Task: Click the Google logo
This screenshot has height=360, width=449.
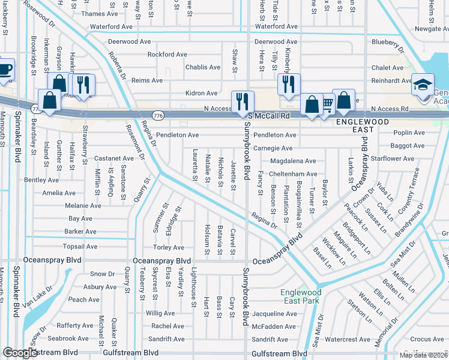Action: pyautogui.click(x=20, y=353)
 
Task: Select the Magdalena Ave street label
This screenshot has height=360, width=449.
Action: pyautogui.click(x=293, y=161)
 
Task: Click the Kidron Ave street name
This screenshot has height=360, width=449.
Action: pyautogui.click(x=202, y=93)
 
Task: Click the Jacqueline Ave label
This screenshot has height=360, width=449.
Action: pyautogui.click(x=274, y=313)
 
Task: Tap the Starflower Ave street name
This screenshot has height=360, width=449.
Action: pyautogui.click(x=393, y=159)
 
